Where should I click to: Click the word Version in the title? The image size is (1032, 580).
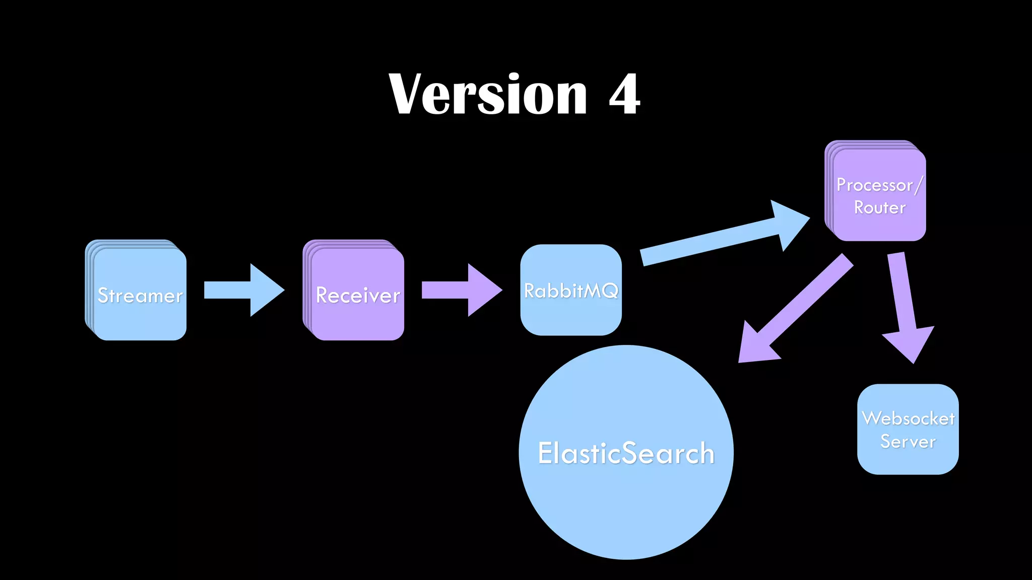(488, 95)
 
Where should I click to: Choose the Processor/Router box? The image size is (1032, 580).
(879, 222)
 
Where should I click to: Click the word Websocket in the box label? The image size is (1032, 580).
(908, 418)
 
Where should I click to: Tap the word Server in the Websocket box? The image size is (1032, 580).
(908, 442)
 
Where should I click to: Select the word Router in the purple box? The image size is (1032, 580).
(879, 207)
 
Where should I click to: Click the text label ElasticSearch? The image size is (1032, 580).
(626, 453)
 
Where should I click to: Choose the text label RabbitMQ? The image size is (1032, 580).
(571, 291)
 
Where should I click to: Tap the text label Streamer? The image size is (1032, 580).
(140, 296)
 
